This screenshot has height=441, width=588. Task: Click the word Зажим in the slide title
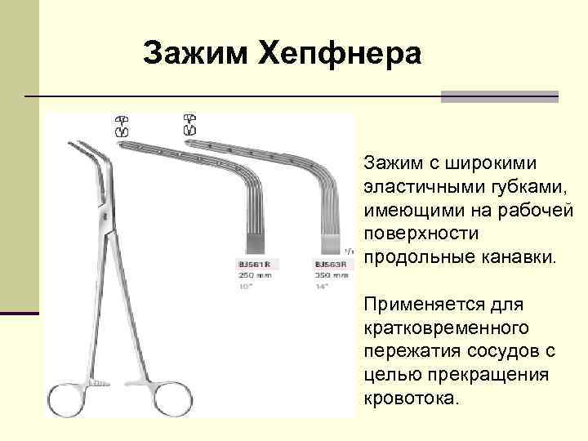point(194,55)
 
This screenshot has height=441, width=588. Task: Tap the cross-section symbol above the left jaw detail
point(123,125)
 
